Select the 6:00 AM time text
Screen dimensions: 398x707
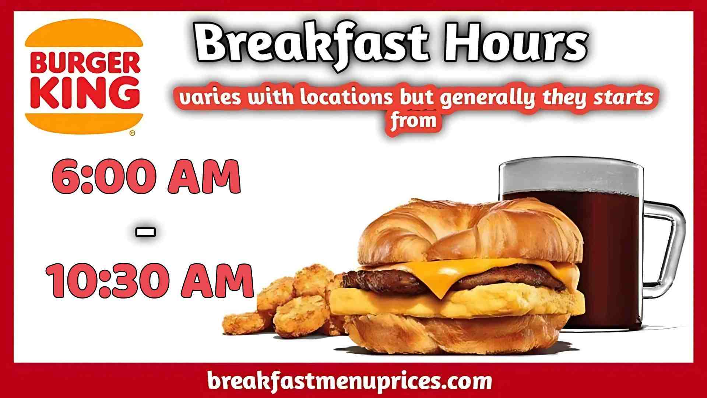coord(147,177)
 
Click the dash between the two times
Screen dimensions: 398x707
coord(146,232)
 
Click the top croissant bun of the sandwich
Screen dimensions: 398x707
coord(468,228)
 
